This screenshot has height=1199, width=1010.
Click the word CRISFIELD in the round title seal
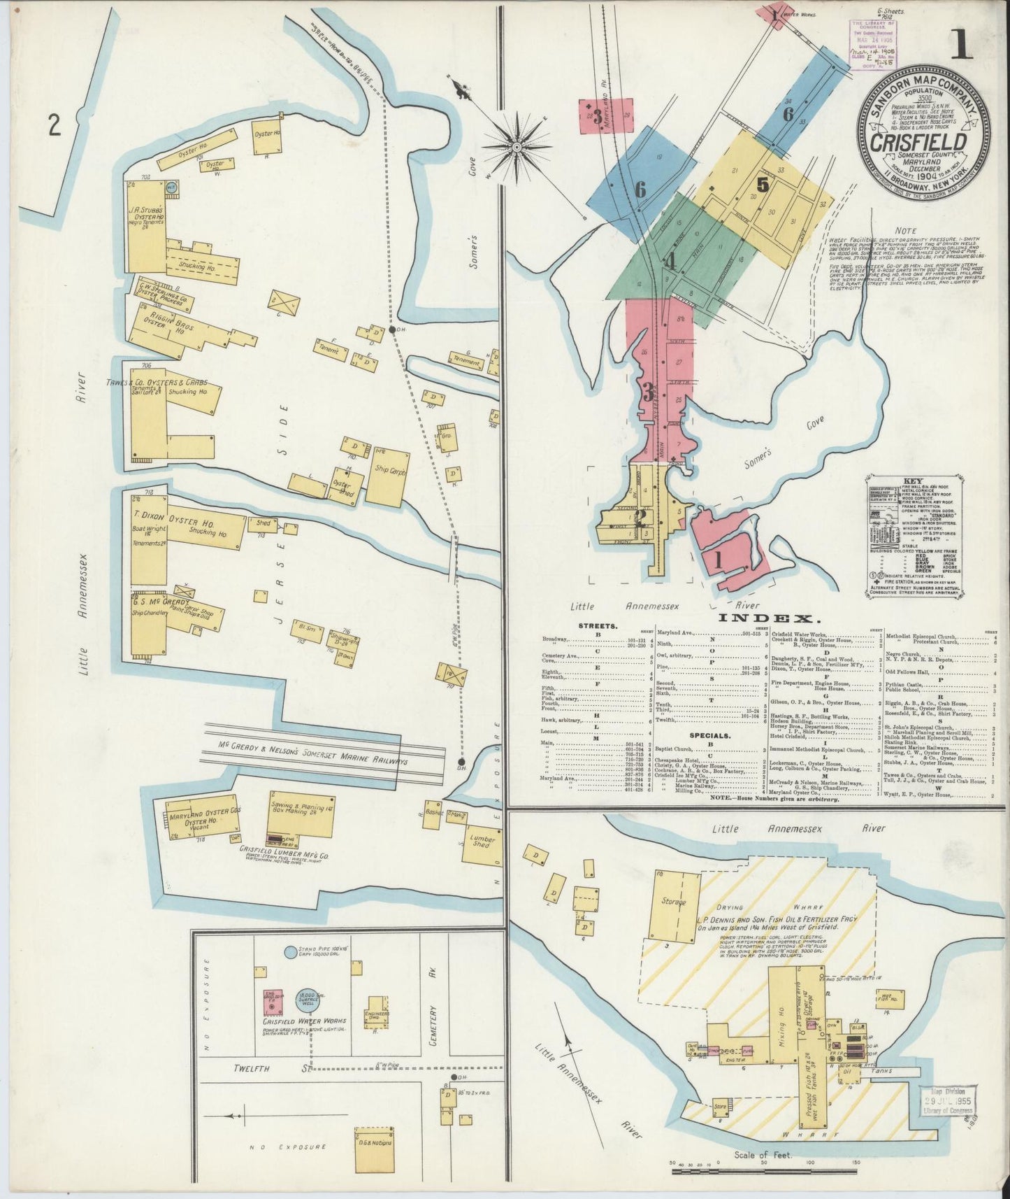click(x=918, y=141)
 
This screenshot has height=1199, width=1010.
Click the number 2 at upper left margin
click(x=54, y=126)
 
